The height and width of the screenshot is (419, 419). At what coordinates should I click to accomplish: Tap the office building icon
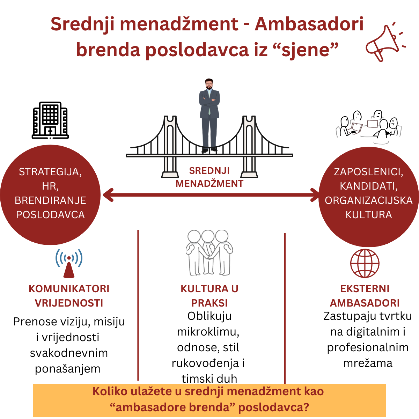click(x=50, y=120)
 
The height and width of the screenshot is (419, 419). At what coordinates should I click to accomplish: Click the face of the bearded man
click(x=209, y=84)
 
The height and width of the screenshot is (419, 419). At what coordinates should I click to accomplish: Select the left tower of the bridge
click(x=170, y=146)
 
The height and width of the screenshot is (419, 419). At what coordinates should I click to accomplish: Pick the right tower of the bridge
click(x=249, y=146)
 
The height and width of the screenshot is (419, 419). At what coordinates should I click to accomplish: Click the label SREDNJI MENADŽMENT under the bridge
click(x=209, y=177)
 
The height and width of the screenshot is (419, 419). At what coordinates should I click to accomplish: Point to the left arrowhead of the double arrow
click(x=108, y=195)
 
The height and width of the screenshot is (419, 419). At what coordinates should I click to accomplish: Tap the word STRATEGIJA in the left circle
click(x=50, y=172)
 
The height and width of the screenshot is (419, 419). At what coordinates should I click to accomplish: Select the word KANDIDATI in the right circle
click(x=369, y=186)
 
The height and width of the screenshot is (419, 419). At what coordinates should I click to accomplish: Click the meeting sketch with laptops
click(x=369, y=127)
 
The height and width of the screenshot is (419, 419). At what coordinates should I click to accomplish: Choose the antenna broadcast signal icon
click(x=69, y=264)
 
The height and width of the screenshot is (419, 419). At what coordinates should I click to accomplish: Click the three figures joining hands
click(x=209, y=253)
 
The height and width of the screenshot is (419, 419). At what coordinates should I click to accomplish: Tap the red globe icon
click(x=365, y=263)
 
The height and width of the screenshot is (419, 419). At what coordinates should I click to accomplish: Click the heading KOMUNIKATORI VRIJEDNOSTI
click(x=69, y=296)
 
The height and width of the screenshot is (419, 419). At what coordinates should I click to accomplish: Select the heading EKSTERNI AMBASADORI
click(x=365, y=296)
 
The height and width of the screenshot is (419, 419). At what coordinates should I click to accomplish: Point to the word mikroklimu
click(x=208, y=332)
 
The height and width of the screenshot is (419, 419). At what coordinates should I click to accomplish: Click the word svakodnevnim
click(x=69, y=353)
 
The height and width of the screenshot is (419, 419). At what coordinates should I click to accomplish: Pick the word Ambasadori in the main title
click(x=309, y=24)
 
